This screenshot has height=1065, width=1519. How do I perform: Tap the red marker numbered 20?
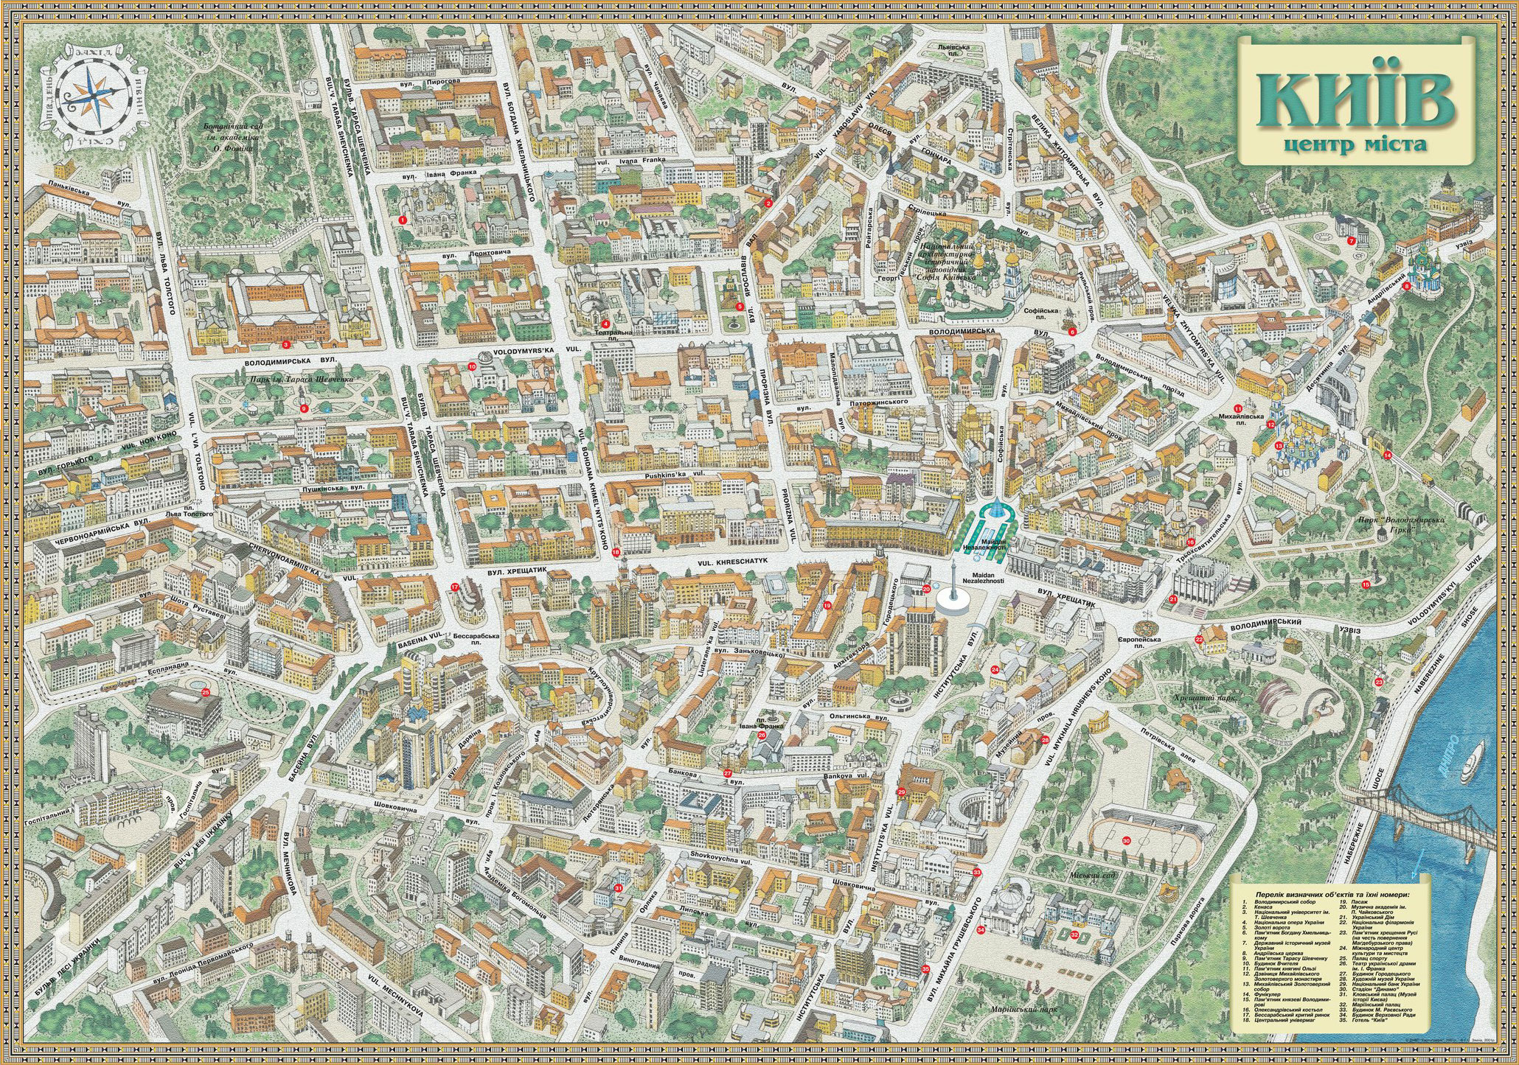click(x=927, y=588)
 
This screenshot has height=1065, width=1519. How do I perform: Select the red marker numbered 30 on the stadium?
click(x=1126, y=840)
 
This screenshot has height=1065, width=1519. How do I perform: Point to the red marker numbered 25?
click(x=206, y=692)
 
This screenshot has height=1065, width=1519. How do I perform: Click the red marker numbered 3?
click(x=285, y=344)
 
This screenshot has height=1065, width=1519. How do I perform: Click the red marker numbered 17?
click(x=455, y=587)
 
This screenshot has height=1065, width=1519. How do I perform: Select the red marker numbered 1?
click(x=403, y=220)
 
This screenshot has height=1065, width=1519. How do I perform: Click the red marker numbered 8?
click(x=1406, y=287)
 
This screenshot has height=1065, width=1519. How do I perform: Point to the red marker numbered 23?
click(x=1378, y=682)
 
